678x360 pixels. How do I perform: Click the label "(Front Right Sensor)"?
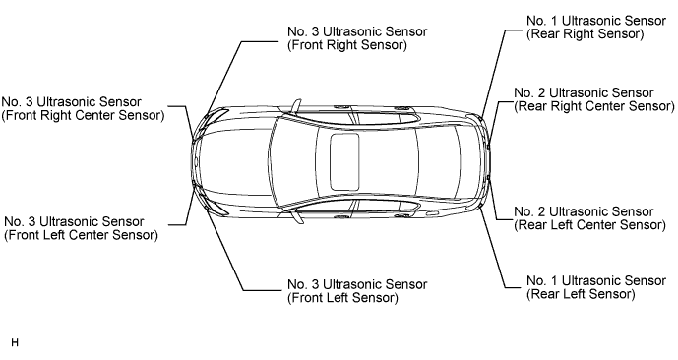click(346, 45)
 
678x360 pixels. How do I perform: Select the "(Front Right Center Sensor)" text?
click(83, 116)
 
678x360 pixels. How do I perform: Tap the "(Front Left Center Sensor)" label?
click(82, 235)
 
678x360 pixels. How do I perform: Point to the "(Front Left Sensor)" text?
click(342, 298)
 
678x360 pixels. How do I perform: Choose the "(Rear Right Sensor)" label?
click(586, 34)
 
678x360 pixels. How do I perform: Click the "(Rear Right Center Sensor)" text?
click(594, 106)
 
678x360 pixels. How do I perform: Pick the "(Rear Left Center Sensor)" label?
click(589, 225)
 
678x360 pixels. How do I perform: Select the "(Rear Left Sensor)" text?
click(581, 295)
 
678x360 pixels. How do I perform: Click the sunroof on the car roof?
click(345, 161)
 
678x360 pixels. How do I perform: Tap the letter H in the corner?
click(15, 343)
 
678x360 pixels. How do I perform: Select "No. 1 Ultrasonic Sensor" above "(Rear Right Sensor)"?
click(596, 21)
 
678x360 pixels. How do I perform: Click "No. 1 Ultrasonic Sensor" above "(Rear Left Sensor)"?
click(596, 281)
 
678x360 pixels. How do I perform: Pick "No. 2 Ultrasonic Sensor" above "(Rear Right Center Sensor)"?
click(584, 92)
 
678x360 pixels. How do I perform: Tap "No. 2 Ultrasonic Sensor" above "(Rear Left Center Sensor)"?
click(584, 211)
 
